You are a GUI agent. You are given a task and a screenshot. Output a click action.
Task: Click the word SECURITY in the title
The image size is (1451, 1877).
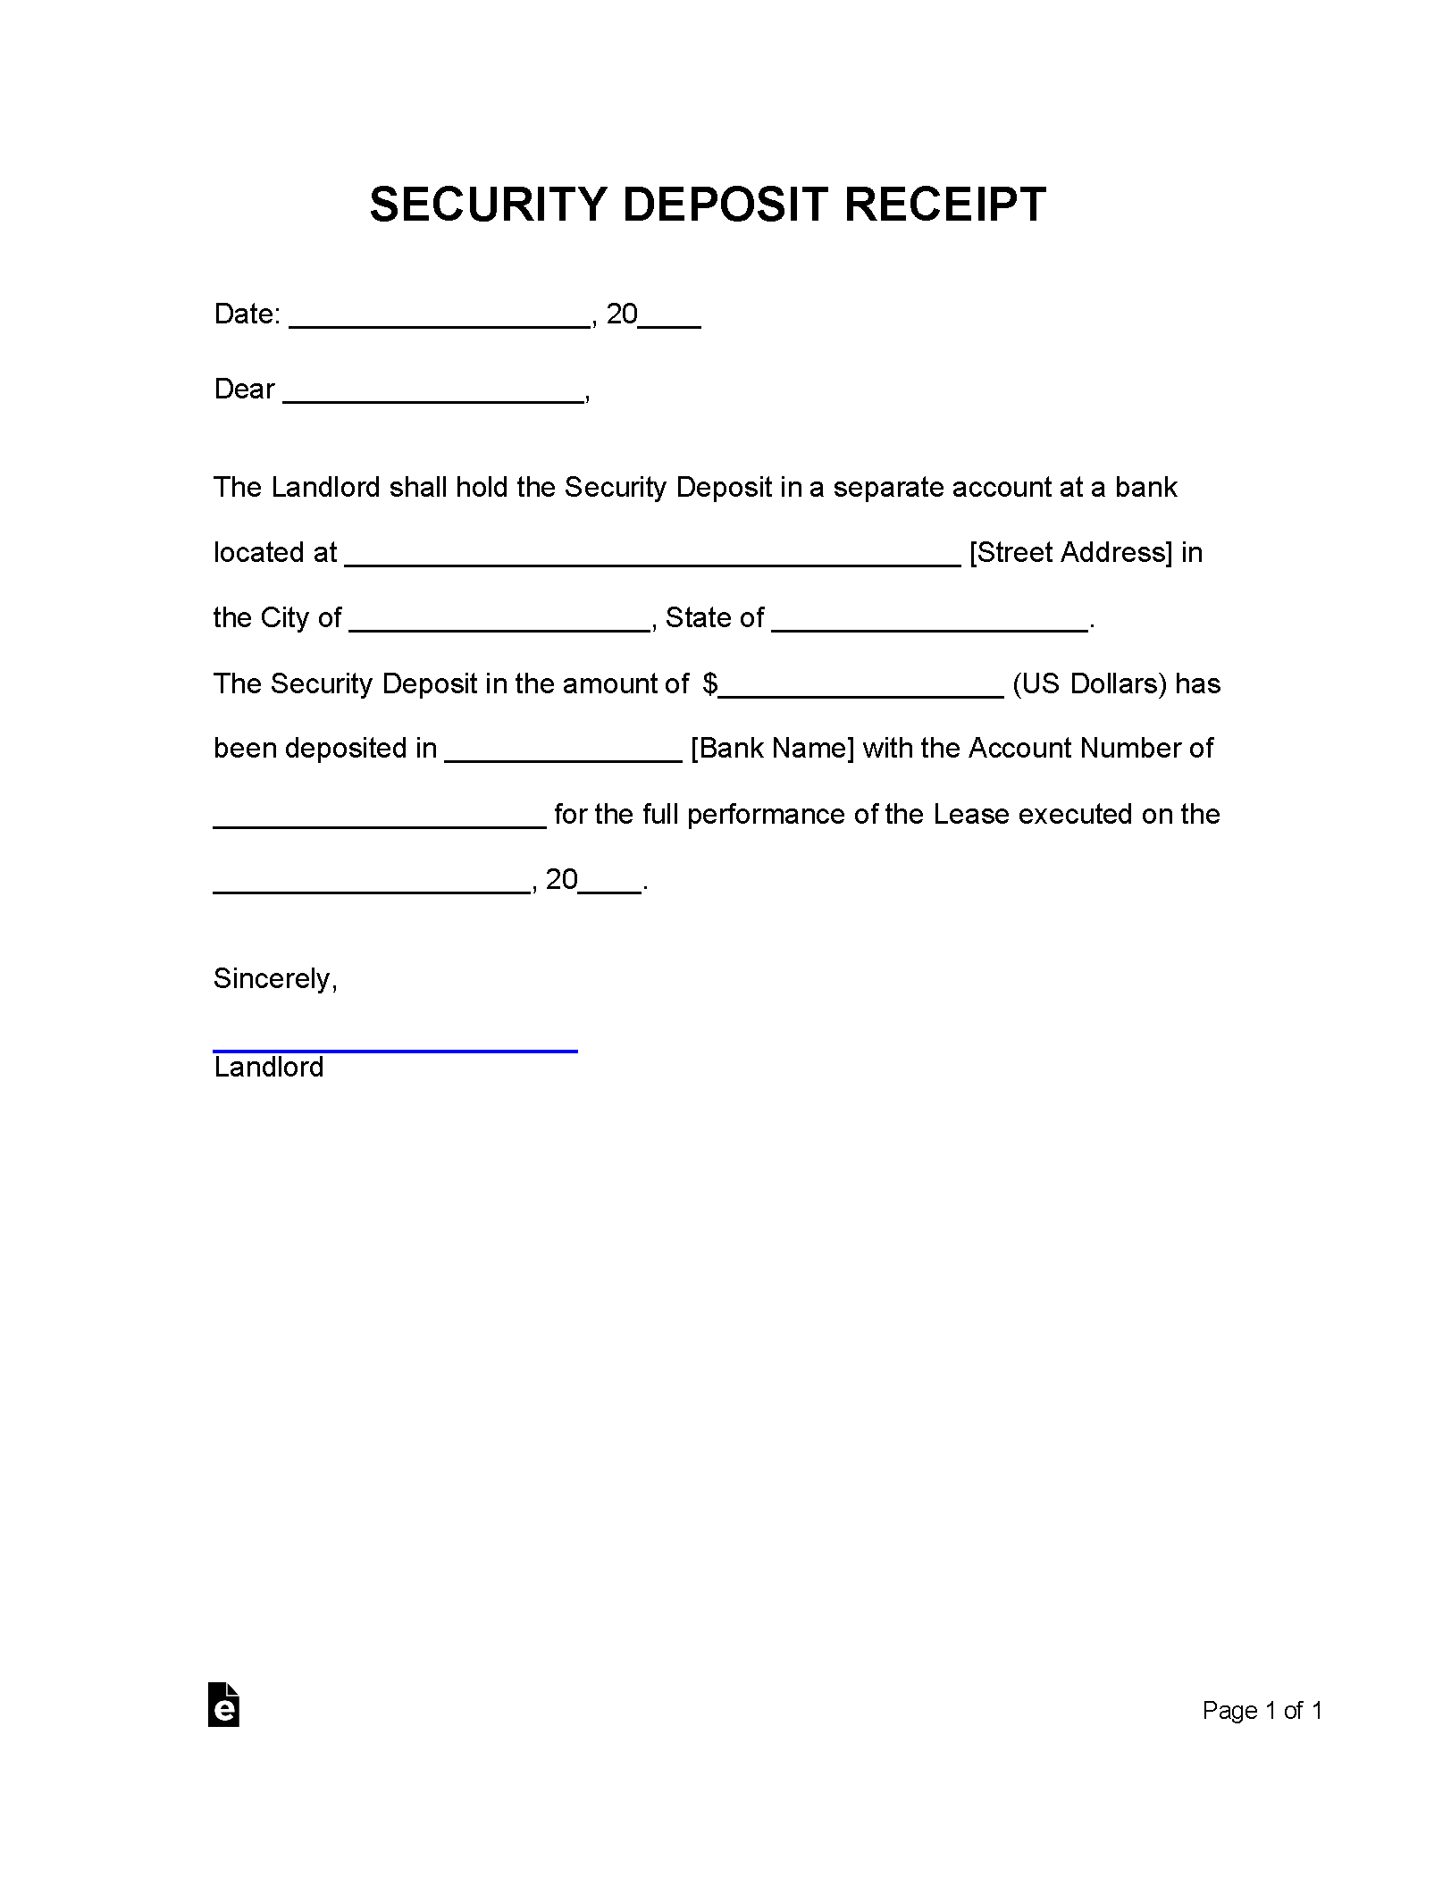click(488, 205)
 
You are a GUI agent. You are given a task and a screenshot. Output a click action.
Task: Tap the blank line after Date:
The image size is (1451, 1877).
click(440, 320)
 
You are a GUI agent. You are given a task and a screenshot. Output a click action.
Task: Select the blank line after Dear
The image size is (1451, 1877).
click(433, 395)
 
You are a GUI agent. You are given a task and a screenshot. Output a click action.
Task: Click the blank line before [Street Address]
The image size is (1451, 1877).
click(652, 558)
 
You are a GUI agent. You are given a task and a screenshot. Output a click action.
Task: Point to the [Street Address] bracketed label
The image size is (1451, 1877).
click(1070, 553)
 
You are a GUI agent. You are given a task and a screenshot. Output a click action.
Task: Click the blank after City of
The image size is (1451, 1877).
click(499, 624)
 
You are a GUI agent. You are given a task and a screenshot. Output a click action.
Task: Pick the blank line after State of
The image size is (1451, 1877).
click(929, 624)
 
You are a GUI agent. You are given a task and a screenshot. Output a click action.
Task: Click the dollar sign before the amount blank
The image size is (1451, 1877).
click(710, 684)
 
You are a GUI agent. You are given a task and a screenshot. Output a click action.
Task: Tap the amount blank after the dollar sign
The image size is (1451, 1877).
click(861, 690)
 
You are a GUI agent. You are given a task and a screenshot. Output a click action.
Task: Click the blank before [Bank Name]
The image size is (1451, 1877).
click(563, 754)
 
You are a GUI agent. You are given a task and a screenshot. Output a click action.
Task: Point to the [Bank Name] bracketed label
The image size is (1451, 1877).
click(772, 749)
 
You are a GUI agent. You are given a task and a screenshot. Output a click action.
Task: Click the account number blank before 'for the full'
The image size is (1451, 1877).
click(380, 820)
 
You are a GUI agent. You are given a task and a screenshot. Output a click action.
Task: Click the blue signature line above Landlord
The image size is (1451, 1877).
click(395, 1051)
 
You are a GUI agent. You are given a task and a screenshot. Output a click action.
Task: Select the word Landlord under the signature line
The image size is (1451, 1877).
click(268, 1068)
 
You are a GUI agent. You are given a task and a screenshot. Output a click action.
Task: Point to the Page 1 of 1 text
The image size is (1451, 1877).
click(1262, 1711)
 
